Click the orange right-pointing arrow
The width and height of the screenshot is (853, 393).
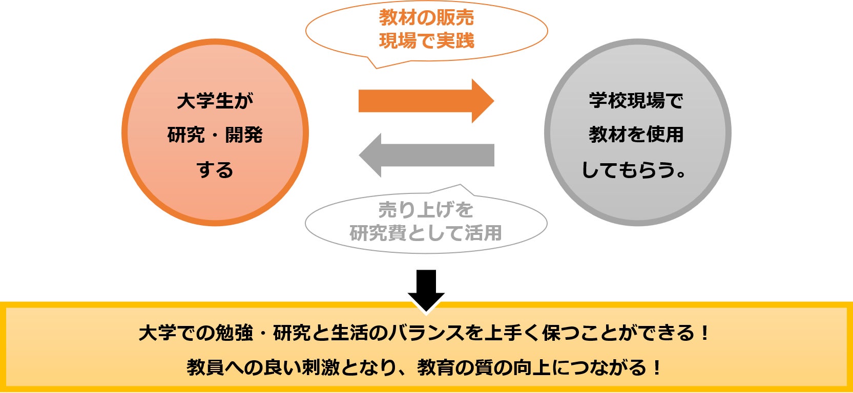[x=426, y=101]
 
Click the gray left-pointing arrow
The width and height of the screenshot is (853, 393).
[x=426, y=155]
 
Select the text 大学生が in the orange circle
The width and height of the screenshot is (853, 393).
[x=215, y=101]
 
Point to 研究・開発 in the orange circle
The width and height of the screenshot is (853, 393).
[x=215, y=135]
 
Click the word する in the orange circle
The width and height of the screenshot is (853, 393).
[x=215, y=170]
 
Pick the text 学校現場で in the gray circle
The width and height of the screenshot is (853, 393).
[x=636, y=100]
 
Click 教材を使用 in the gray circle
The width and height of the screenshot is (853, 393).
[x=636, y=135]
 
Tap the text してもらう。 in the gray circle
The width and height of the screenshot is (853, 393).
[x=634, y=170]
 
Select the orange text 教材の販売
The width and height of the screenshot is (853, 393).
[x=426, y=17]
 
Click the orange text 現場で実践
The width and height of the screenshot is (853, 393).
[x=426, y=40]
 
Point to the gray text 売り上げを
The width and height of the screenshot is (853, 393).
[x=426, y=210]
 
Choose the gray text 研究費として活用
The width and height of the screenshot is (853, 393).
[x=426, y=233]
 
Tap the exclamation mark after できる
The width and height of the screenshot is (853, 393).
[x=705, y=333]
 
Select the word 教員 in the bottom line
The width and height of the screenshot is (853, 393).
[x=205, y=367]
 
